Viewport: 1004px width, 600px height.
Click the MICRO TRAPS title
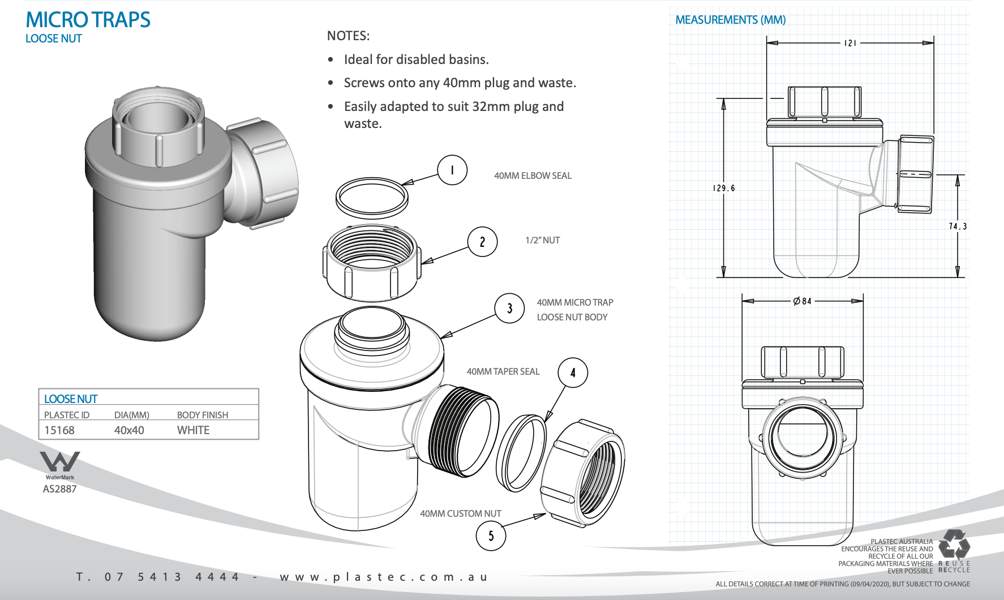[x=88, y=20]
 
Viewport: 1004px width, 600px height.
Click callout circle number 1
[x=452, y=170]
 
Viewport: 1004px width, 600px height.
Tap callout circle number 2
[x=482, y=242]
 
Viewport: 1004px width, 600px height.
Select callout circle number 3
[x=509, y=308]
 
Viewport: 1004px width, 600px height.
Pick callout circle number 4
[x=573, y=372]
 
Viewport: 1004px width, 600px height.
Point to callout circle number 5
[x=491, y=535]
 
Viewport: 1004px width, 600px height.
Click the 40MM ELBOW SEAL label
[x=533, y=175]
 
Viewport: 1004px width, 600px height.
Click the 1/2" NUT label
[x=542, y=240]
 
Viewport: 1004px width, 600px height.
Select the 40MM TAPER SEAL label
[x=503, y=371]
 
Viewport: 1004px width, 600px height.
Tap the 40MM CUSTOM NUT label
[x=460, y=513]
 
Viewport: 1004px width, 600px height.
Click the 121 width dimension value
[x=850, y=43]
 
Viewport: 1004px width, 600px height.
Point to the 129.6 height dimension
[x=724, y=188]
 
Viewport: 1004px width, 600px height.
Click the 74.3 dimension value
[x=958, y=226]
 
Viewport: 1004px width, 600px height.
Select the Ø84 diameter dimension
[x=803, y=301]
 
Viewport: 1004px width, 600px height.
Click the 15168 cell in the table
[x=59, y=430]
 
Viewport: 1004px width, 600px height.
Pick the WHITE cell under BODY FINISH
[x=193, y=430]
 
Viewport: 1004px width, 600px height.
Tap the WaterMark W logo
[x=59, y=462]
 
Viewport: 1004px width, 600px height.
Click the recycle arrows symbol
[x=954, y=544]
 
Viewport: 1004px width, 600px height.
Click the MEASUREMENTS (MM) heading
[x=730, y=20]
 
